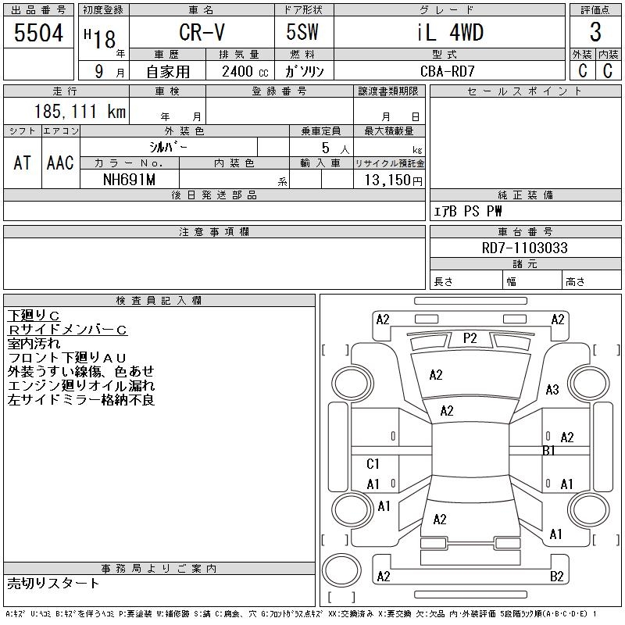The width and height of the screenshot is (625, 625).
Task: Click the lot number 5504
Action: point(38,33)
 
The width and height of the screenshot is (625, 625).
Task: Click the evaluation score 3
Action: point(595,33)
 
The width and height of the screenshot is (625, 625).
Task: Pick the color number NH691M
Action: point(130,180)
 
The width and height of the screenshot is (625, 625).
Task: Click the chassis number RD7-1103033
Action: point(525,248)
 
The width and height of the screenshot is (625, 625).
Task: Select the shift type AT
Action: point(23,162)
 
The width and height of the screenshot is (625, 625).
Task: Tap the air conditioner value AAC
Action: point(60,162)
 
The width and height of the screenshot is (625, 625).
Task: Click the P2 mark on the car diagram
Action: point(470,338)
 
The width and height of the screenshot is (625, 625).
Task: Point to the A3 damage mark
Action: point(552,390)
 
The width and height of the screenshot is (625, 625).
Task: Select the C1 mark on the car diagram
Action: point(373,464)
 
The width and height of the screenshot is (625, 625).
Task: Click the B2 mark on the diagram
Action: point(557,577)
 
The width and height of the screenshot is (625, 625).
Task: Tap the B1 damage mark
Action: point(548,451)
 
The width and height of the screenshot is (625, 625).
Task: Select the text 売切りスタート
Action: point(54,583)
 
